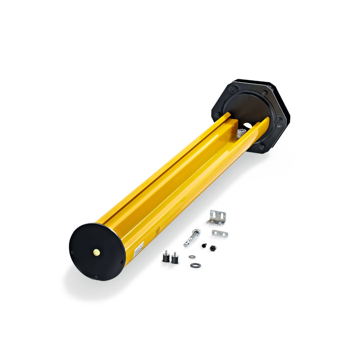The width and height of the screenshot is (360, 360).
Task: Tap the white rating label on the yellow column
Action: click(x=139, y=248)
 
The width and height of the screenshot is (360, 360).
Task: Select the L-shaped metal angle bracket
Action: click(x=217, y=218)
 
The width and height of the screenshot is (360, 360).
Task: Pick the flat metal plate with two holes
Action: click(x=220, y=233)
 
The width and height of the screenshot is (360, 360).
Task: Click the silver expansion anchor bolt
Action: click(x=192, y=237)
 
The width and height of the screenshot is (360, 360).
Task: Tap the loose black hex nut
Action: click(x=213, y=248)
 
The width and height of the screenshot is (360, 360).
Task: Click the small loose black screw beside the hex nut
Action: click(x=204, y=246)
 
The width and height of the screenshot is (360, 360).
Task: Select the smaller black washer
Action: click(x=191, y=257)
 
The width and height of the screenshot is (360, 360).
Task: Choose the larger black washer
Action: click(x=195, y=265)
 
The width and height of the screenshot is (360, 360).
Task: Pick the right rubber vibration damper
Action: click(x=175, y=258)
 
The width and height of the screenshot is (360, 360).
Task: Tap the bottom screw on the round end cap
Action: click(x=96, y=277)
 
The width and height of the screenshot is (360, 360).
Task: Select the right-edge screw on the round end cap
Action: click(x=121, y=261)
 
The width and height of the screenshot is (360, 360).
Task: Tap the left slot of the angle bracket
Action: click(x=214, y=214)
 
